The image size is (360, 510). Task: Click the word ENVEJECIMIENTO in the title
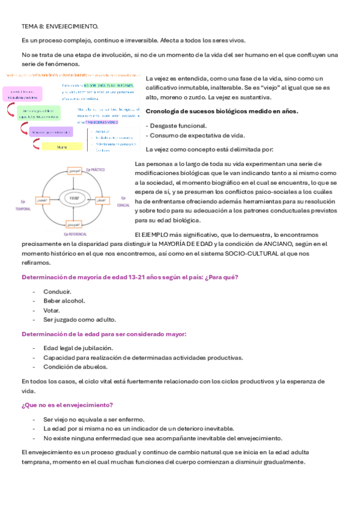point(72,27)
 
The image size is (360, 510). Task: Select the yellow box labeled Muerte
point(62,146)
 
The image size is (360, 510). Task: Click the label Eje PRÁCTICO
point(97,170)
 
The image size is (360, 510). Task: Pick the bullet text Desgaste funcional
point(178,126)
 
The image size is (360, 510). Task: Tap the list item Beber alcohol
point(64,301)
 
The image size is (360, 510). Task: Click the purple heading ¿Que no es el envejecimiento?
point(67,405)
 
